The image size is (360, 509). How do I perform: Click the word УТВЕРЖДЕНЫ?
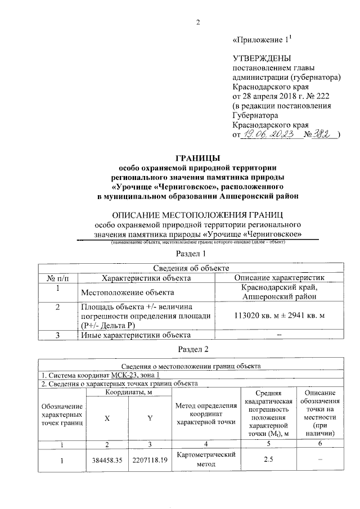click(262, 58)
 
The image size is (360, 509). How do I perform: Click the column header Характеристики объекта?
click(145, 278)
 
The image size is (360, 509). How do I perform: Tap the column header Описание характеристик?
click(279, 278)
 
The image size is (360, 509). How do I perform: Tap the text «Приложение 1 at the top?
click(260, 40)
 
